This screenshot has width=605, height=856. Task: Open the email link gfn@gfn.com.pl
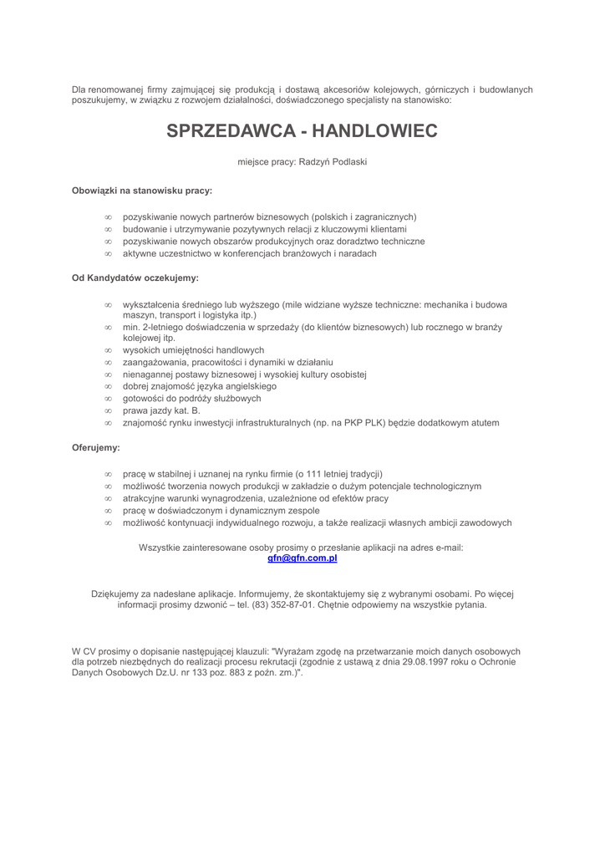pyautogui.click(x=302, y=558)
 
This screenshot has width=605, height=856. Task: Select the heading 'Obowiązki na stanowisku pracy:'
pyautogui.click(x=142, y=191)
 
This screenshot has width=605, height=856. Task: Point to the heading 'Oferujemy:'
pyautogui.click(x=96, y=448)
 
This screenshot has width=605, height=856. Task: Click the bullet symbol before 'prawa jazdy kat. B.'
pyautogui.click(x=108, y=411)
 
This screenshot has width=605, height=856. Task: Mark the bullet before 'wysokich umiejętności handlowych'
pyautogui.click(x=108, y=350)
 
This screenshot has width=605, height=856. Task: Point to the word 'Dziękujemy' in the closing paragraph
pyautogui.click(x=115, y=594)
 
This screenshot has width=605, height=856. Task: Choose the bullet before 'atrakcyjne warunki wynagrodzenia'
pyautogui.click(x=108, y=498)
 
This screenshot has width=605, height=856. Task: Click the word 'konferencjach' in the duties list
pyautogui.click(x=241, y=253)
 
